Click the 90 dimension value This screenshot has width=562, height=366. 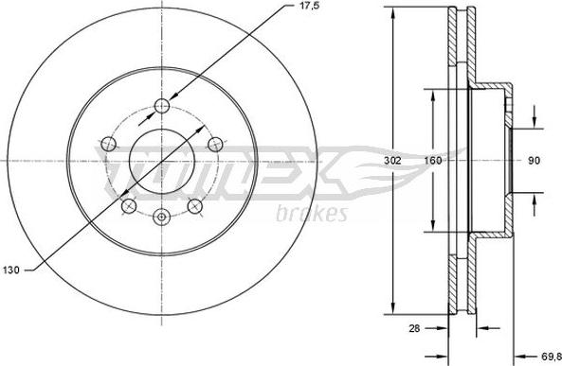(534, 161)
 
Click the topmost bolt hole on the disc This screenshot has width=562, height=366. (162, 105)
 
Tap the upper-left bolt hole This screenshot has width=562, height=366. (108, 145)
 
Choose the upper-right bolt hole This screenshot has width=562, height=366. (215, 145)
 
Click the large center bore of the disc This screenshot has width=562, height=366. (162, 161)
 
